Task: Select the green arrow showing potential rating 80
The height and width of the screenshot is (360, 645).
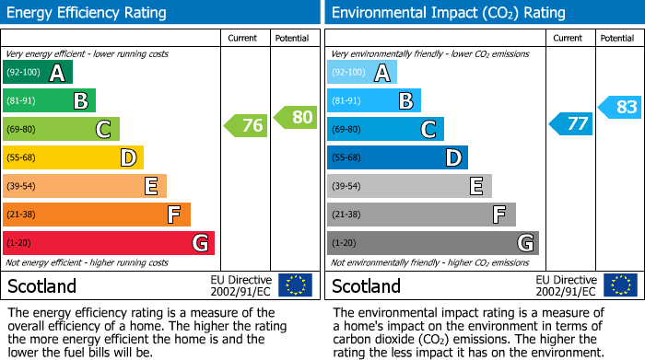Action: click(296, 117)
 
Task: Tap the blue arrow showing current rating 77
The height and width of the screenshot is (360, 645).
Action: click(571, 123)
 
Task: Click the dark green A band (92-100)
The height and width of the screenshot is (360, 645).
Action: click(38, 72)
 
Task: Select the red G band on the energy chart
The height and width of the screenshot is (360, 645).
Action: click(109, 243)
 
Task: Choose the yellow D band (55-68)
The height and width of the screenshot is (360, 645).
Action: click(73, 157)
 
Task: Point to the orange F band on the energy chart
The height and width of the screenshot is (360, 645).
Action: click(97, 215)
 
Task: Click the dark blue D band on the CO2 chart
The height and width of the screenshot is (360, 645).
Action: click(397, 157)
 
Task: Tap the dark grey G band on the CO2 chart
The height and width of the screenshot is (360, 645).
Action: click(432, 243)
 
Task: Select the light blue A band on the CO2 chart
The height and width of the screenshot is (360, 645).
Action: click(362, 72)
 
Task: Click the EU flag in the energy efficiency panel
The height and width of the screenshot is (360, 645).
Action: click(295, 285)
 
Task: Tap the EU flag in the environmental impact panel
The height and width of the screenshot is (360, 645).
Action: click(620, 285)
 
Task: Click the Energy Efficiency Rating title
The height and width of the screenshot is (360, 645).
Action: click(88, 13)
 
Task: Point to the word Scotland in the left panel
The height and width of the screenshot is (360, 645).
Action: click(42, 285)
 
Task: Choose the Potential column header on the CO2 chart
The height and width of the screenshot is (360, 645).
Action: click(616, 38)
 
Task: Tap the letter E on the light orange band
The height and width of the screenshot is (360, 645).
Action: click(151, 186)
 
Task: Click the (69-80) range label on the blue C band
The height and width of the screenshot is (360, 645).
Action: click(346, 129)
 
